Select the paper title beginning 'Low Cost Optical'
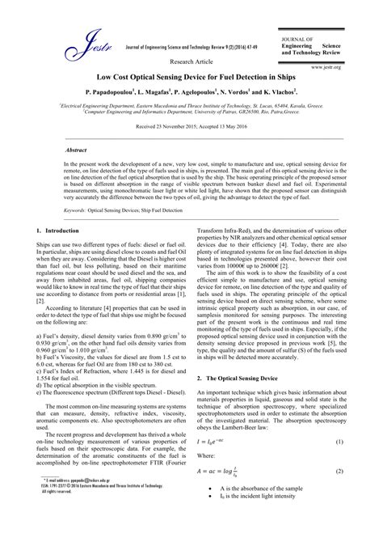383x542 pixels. [191, 78]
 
